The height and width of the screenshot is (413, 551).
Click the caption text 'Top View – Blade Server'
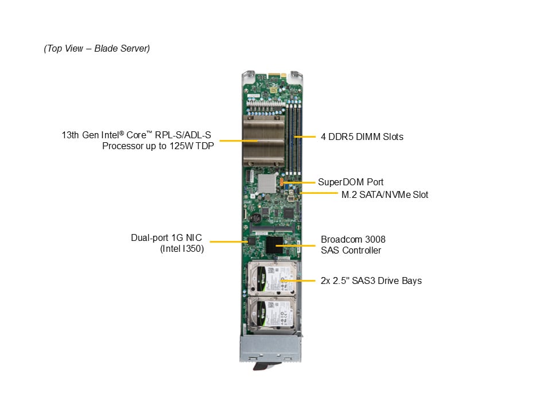point(96,49)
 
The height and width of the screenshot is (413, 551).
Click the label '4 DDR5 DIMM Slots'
point(362,137)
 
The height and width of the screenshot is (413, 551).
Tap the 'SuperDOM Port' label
point(351,182)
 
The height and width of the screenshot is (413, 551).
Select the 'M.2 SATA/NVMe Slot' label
point(385,195)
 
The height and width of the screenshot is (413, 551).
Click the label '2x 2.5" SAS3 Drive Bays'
point(371,280)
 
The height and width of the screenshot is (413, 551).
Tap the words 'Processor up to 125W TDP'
point(157,146)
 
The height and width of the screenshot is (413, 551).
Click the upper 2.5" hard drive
point(272,278)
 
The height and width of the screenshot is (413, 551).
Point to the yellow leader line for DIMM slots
point(305,137)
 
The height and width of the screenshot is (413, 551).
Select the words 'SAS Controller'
point(351,250)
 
